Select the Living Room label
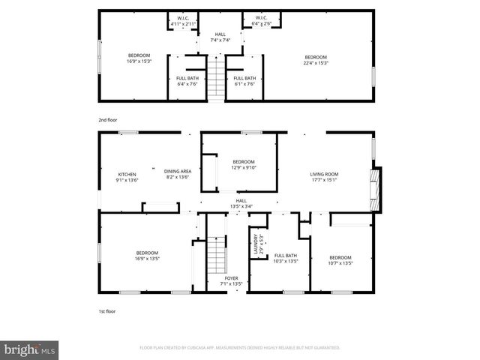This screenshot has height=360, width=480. click(x=324, y=177)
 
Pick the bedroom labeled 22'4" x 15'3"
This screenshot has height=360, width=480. click(x=315, y=60)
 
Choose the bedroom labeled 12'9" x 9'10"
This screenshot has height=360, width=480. click(x=244, y=165)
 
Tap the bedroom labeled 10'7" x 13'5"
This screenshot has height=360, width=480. click(x=340, y=259)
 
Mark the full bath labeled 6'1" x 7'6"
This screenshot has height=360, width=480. click(x=244, y=81)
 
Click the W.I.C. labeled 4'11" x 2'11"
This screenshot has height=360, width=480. click(x=183, y=21)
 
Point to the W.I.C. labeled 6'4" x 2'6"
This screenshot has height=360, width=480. click(x=262, y=21)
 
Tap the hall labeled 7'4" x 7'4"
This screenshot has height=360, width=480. click(x=220, y=37)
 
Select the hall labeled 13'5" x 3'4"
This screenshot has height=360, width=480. click(x=241, y=203)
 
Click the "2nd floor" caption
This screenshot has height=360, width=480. click(x=108, y=120)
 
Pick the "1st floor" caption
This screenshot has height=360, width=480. click(x=107, y=310)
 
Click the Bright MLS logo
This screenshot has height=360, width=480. click(x=30, y=349)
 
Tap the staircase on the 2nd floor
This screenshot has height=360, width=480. click(x=216, y=78)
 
